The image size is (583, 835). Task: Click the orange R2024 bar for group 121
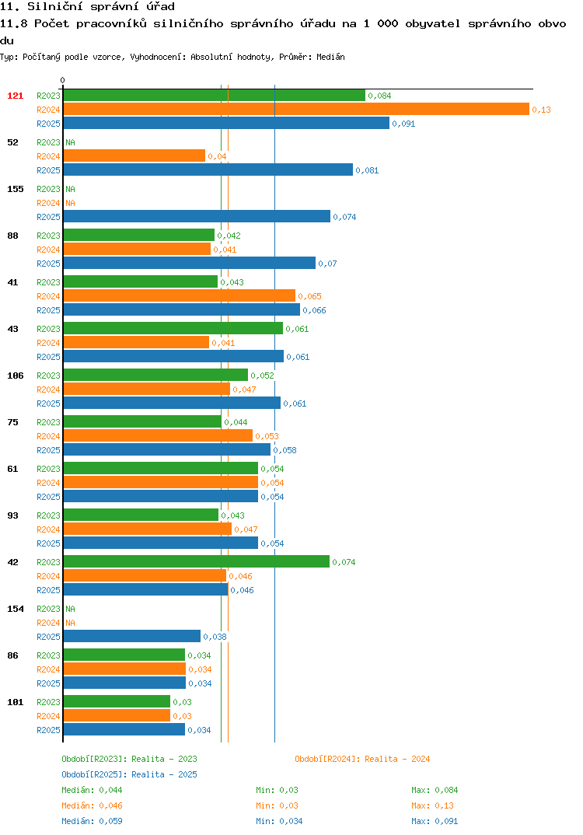pos(296,109)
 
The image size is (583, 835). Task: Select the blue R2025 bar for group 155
pos(197,216)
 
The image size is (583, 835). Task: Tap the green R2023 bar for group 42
pos(197,561)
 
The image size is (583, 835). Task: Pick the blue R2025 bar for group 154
pos(132,636)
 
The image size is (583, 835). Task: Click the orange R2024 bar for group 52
pos(134,155)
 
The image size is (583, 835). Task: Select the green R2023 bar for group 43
pos(173,328)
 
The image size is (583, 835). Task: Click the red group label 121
pos(16,96)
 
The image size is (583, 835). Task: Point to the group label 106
pos(16,376)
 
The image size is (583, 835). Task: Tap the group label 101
pos(16,702)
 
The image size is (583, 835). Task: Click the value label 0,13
pos(542,110)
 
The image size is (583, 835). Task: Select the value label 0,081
pos(367,170)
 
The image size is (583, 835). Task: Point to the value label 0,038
pos(215,637)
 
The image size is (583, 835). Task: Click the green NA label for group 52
pos(70,142)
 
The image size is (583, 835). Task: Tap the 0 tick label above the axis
pos(63,80)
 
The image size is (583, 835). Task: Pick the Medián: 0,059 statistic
pos(92,821)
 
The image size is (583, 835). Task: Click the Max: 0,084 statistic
pos(435,790)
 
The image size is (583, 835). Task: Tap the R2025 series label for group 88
pos(48,264)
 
